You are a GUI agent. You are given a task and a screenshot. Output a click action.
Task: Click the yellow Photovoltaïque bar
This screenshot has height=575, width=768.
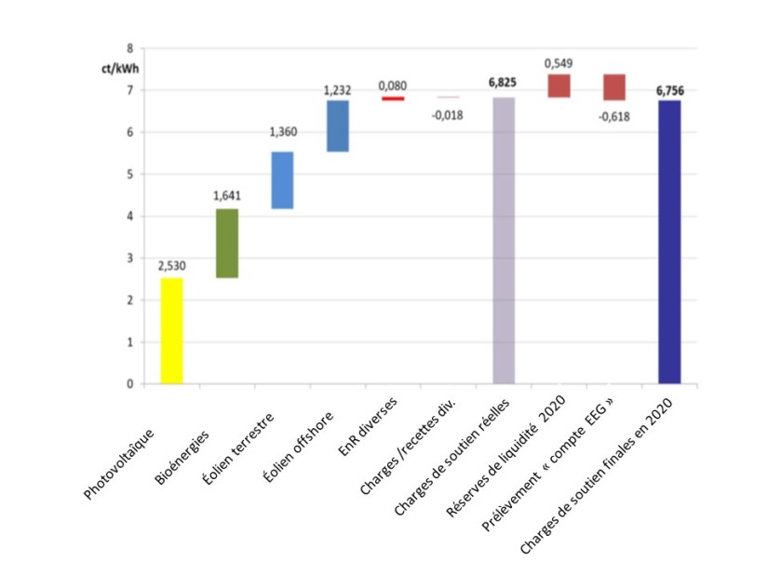[172, 330]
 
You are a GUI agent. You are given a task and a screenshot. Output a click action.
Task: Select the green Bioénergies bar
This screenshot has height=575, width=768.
[227, 243]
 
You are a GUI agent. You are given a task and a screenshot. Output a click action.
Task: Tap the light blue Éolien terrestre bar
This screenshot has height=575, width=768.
[282, 180]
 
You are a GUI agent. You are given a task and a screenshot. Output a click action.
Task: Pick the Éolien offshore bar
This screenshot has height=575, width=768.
[337, 126]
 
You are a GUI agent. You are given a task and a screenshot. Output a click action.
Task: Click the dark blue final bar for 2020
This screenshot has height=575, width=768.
[669, 242]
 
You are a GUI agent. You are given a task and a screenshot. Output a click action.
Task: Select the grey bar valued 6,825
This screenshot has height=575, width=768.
[504, 240]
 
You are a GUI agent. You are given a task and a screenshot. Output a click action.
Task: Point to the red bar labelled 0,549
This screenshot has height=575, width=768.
[559, 86]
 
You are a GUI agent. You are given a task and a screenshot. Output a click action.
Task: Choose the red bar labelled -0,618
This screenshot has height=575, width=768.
[613, 87]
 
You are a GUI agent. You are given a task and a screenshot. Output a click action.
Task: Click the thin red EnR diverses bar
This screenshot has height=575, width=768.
[393, 98]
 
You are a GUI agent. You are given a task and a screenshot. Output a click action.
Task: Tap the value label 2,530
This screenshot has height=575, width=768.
[172, 266]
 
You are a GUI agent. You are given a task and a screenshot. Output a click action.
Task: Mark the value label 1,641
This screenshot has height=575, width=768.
[227, 196]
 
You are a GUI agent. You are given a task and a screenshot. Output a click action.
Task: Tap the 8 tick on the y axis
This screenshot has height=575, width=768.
[129, 47]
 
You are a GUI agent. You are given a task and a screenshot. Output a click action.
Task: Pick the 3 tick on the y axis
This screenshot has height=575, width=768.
[129, 258]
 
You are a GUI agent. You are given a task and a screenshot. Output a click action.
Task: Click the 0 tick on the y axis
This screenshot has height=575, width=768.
[129, 383]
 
